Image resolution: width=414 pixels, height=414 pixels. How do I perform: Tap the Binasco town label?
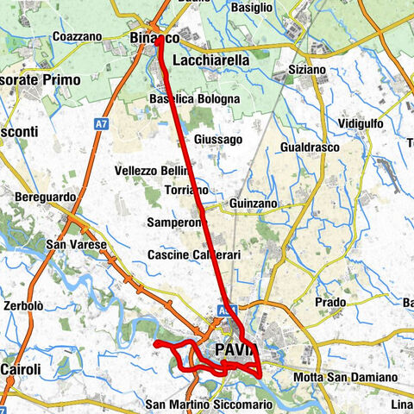pyautogui.click(x=154, y=39)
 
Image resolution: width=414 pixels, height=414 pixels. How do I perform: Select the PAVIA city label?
pyautogui.click(x=234, y=350)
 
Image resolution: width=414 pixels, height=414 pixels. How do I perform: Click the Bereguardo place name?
pyautogui.click(x=43, y=198)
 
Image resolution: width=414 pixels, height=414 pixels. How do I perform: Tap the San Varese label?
pyautogui.click(x=76, y=245)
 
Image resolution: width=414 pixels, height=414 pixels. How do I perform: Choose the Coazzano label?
pyautogui.click(x=77, y=36)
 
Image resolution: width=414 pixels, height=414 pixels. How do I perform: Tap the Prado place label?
pyautogui.click(x=330, y=303)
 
